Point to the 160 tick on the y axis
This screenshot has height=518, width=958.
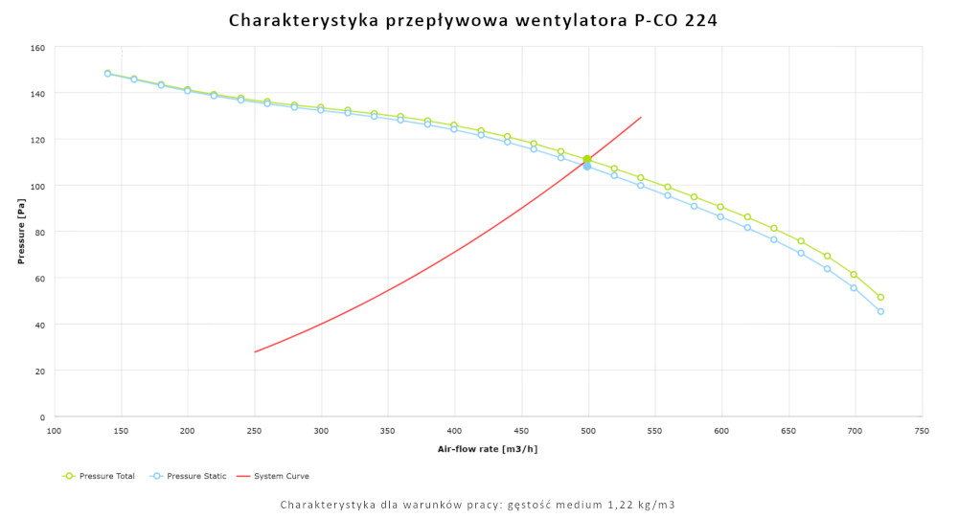coord(37,47)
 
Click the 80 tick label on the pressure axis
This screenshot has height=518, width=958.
coord(40,232)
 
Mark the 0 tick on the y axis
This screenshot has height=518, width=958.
coord(43,417)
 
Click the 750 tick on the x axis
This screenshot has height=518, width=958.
coord(922,432)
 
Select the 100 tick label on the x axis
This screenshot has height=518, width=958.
coord(55,432)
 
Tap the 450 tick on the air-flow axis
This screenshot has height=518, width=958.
coord(521,432)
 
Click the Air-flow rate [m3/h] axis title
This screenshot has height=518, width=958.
coord(488,448)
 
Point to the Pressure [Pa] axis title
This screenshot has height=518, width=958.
coord(20,232)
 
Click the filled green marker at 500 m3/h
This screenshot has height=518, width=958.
coord(587,159)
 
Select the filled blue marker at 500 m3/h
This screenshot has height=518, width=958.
coord(587,167)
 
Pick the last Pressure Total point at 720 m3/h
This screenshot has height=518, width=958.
coord(880,297)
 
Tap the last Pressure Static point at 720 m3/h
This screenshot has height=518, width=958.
coord(880,311)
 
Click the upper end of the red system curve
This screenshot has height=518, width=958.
coord(640,118)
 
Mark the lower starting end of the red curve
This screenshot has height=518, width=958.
coord(255,351)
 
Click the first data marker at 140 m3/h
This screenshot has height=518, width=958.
coord(107,73)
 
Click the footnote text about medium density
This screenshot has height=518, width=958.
coord(478,505)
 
